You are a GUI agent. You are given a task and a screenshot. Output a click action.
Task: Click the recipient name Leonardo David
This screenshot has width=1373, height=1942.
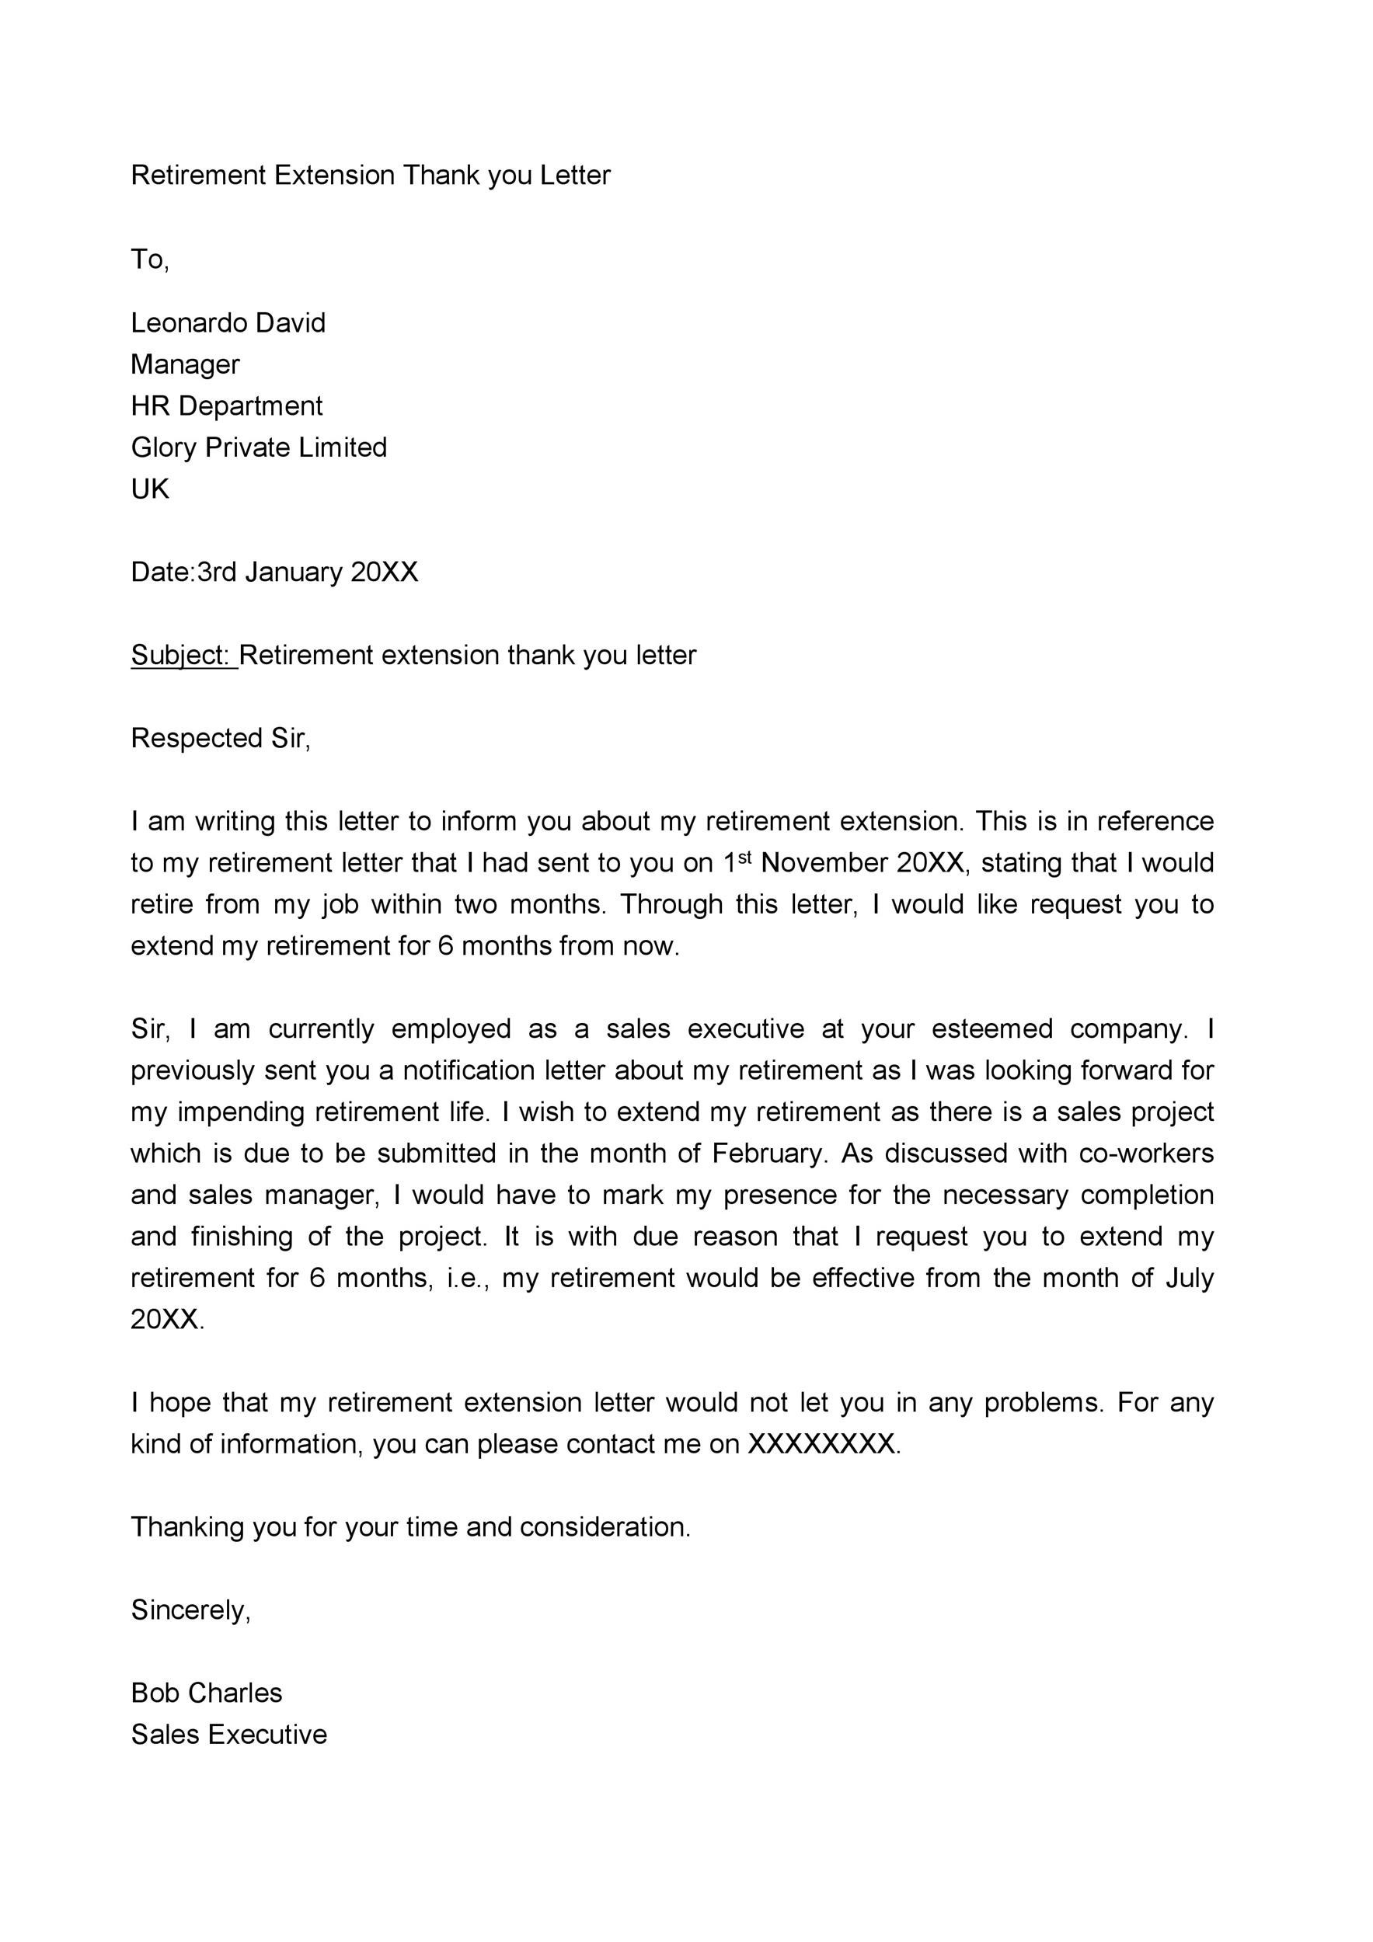click(x=228, y=322)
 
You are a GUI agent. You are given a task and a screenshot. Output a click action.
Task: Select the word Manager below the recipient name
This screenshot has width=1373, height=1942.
click(x=185, y=364)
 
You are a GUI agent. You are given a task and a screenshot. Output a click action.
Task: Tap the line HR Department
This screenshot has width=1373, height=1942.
click(x=227, y=405)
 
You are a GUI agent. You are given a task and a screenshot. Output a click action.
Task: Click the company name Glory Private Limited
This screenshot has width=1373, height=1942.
click(x=259, y=447)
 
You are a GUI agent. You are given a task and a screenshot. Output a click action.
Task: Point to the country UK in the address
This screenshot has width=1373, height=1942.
click(x=150, y=488)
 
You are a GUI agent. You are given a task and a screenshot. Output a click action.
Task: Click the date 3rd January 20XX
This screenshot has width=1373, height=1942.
click(x=307, y=572)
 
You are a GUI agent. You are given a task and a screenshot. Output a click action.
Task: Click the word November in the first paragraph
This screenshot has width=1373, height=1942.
click(x=824, y=864)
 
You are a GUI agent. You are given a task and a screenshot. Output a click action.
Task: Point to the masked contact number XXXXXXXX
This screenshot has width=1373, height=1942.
click(x=821, y=1444)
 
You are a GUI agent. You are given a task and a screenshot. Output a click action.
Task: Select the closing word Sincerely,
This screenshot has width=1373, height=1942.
click(x=191, y=1610)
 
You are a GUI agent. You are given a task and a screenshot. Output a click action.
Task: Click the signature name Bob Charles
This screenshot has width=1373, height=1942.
click(x=207, y=1693)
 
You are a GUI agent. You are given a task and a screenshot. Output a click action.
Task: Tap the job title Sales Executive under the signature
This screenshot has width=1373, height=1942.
click(x=228, y=1735)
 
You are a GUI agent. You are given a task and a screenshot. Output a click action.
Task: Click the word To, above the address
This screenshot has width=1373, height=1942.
click(x=150, y=259)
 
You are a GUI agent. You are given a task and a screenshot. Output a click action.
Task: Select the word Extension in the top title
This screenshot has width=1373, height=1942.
click(x=334, y=175)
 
